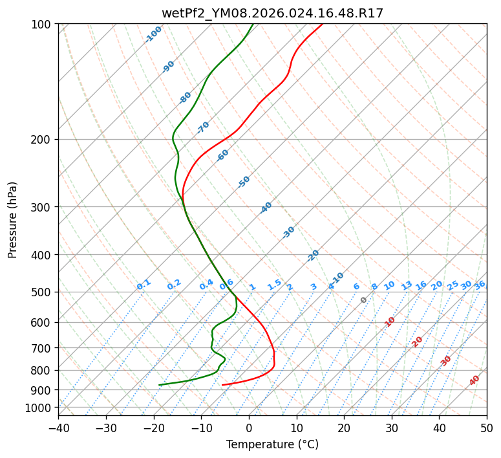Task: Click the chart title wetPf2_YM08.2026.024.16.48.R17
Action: coord(272,13)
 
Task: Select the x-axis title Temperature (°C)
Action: coord(272,445)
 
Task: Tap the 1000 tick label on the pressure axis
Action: coord(38,408)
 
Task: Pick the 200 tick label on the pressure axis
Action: coord(41,140)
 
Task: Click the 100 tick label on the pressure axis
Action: coord(41,25)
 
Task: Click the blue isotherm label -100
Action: coord(153,34)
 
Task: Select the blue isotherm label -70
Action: coord(204,127)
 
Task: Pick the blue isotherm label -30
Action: coord(288,232)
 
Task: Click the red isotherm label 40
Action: coord(474,380)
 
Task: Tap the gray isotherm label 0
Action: coord(364,300)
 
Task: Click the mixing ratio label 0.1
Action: coord(144,284)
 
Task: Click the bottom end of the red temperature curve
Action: coord(222,385)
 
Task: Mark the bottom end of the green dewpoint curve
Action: coord(159,385)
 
